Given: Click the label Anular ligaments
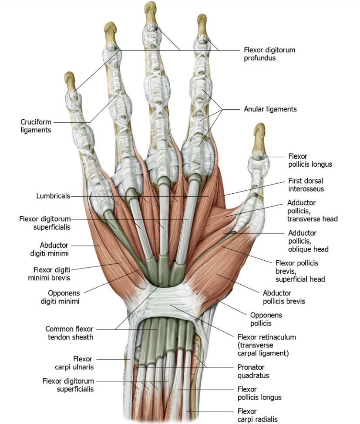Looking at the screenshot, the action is (x=270, y=109).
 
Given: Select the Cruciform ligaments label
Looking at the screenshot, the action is (x=36, y=126).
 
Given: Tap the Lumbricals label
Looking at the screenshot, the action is (x=53, y=196).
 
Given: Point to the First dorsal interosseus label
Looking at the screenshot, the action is (x=306, y=185).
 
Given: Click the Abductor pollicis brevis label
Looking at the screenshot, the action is (x=284, y=297).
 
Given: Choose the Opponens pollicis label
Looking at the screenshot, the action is (x=266, y=319).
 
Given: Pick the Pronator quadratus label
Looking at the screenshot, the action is (x=253, y=371).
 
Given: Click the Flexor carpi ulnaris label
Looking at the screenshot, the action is (x=74, y=363).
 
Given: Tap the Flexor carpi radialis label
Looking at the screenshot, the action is (x=258, y=415).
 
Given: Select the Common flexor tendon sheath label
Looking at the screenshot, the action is (x=70, y=333).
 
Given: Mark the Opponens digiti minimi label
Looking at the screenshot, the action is (x=60, y=297).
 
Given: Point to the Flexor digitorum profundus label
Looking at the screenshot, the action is (x=269, y=54).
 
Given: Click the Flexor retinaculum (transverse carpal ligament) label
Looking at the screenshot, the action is (x=267, y=345).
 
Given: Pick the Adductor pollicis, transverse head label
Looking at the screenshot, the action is (x=313, y=211).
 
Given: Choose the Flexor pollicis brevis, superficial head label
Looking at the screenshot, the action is (x=300, y=271).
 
